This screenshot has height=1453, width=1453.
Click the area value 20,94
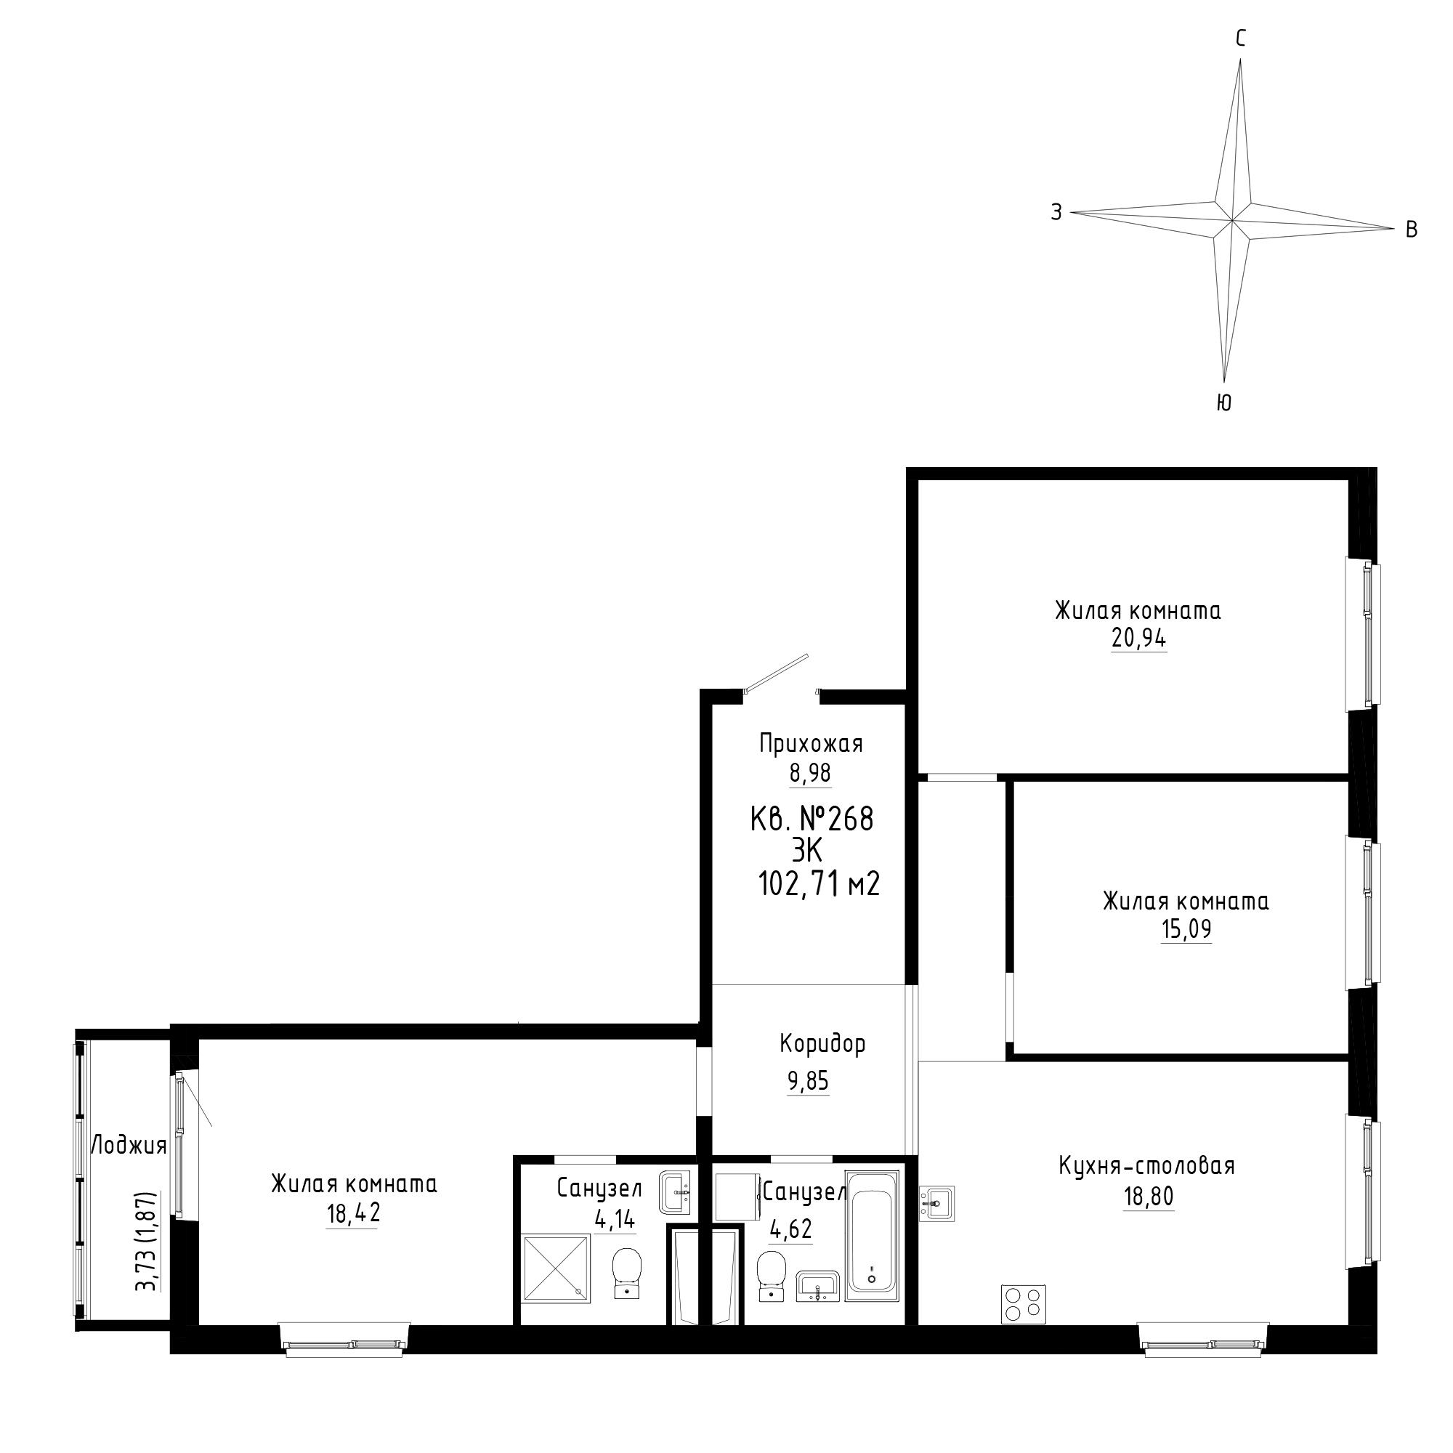click(x=1138, y=639)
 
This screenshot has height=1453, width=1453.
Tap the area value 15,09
click(x=1186, y=931)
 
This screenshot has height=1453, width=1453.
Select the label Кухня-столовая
click(x=1147, y=1166)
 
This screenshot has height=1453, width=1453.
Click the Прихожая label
click(x=811, y=744)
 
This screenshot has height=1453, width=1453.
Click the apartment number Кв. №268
click(x=812, y=819)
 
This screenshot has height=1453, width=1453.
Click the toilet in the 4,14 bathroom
click(x=626, y=1273)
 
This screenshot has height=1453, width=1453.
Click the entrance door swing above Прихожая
click(x=776, y=672)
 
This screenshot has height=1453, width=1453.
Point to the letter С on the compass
click(x=1241, y=39)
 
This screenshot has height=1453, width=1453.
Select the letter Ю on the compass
click(x=1223, y=403)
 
